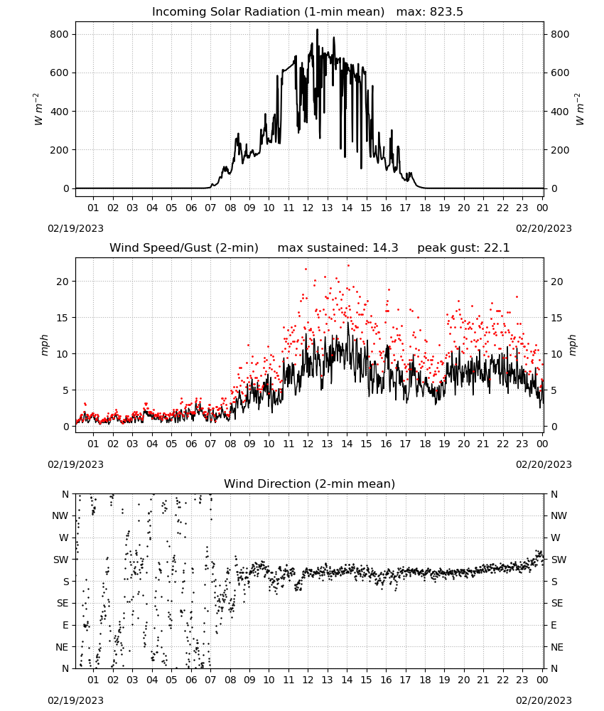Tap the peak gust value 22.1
496,248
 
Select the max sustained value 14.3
385,248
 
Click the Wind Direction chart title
310,483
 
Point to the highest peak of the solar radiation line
317,30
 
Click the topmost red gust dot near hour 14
348,266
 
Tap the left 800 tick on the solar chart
60,34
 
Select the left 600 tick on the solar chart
60,73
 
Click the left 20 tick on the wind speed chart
63,282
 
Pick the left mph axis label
44,345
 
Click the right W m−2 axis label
580,109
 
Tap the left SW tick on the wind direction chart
61,560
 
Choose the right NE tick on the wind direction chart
557,647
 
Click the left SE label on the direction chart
63,604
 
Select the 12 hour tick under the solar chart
308,208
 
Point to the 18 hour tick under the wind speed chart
425,444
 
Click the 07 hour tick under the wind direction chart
210,680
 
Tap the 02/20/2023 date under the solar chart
544,228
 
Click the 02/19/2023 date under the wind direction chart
75,700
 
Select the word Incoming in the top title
174,12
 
